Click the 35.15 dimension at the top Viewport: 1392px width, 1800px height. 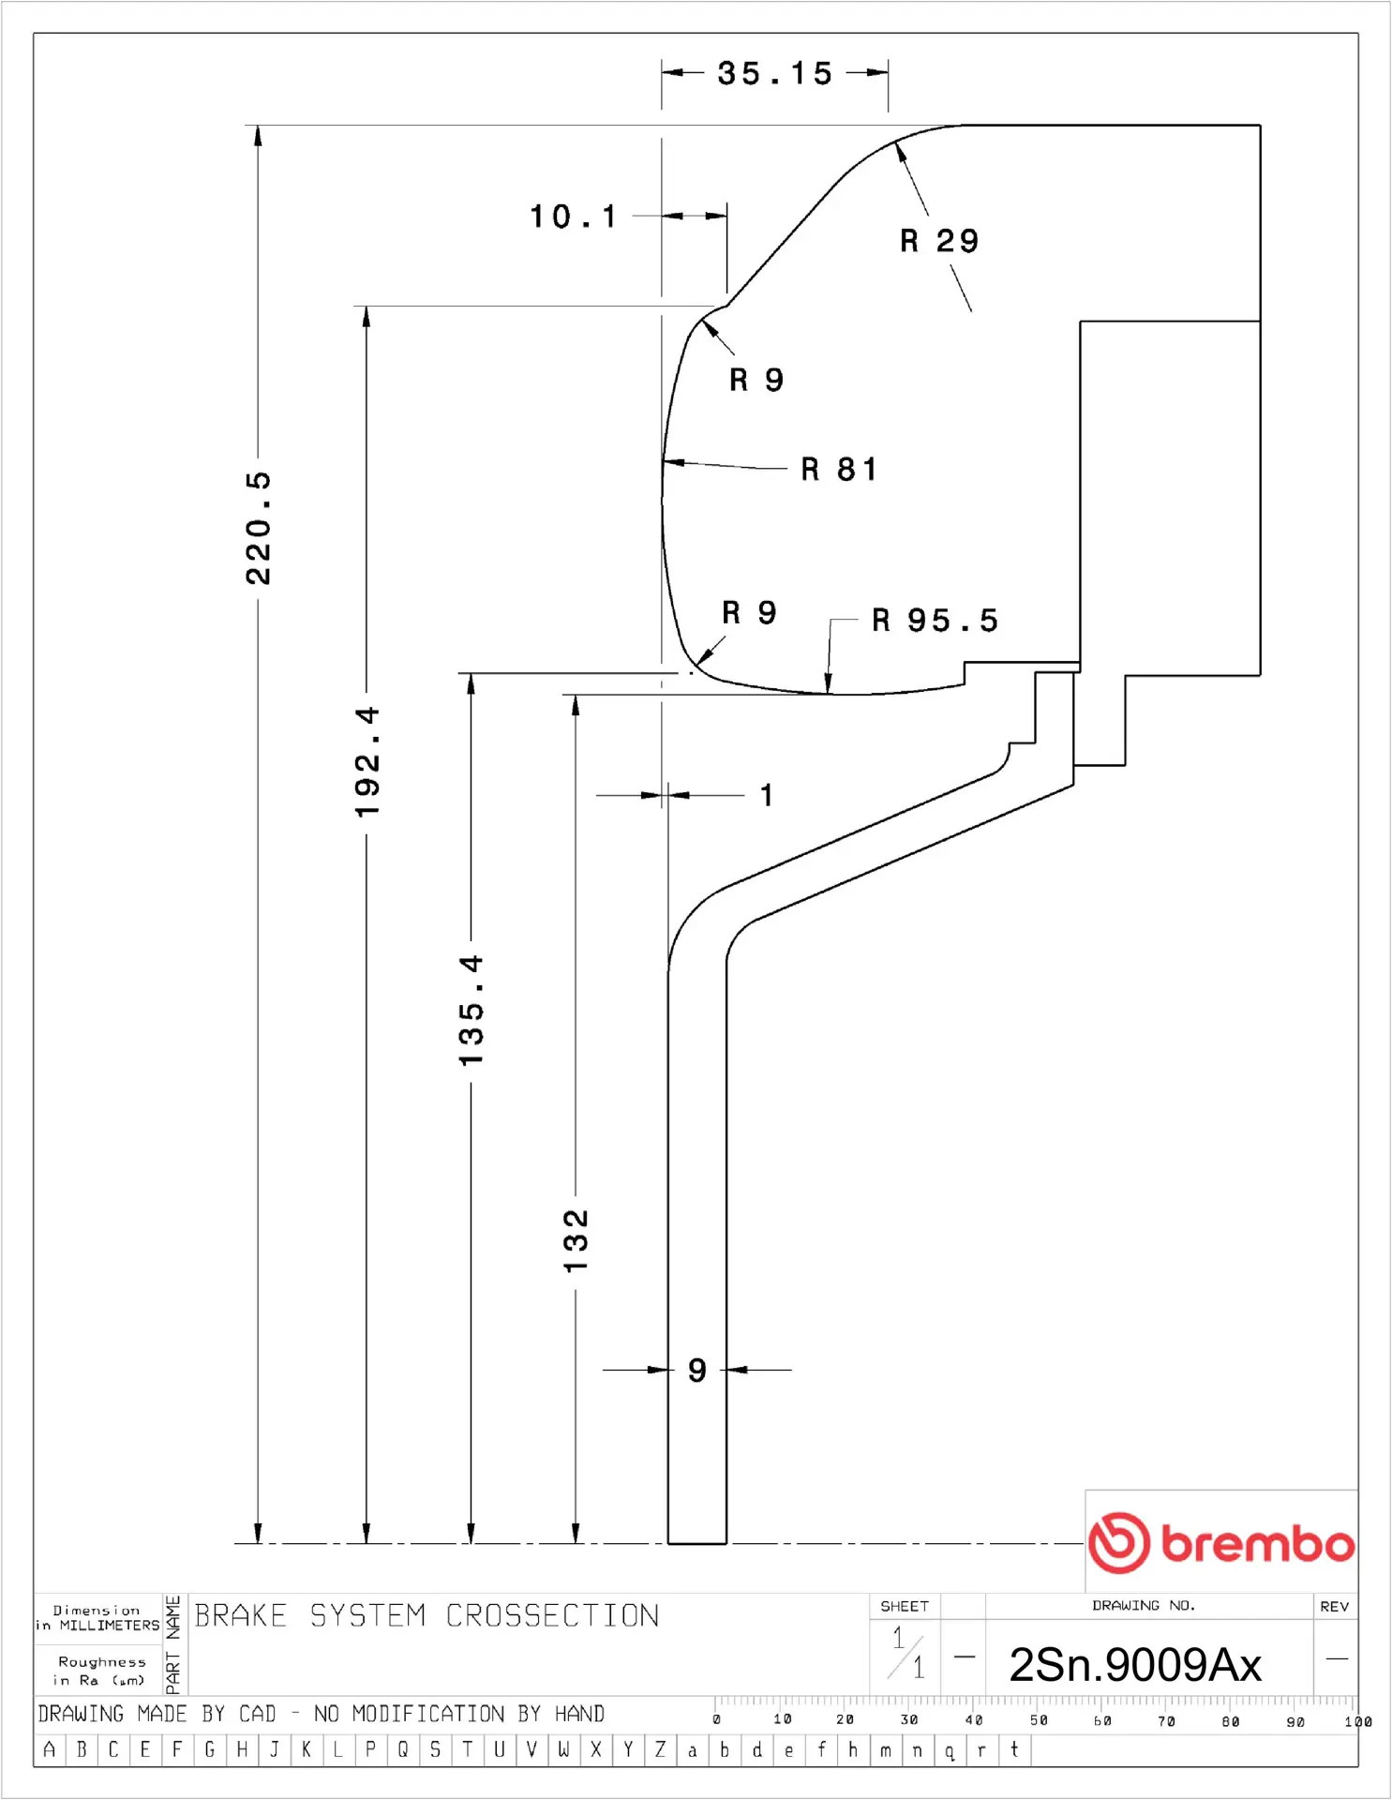(774, 73)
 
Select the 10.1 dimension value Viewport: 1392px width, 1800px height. (573, 217)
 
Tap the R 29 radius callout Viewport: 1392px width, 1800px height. (938, 241)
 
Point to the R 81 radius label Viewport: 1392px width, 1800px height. (839, 469)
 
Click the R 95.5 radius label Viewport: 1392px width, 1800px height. (935, 620)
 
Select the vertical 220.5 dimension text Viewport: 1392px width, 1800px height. (258, 529)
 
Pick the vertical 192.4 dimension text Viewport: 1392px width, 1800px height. (367, 761)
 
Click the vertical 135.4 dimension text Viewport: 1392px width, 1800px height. (471, 1011)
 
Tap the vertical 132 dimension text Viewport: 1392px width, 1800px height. (576, 1240)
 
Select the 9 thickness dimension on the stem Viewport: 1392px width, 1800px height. (696, 1370)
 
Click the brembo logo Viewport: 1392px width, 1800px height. (1221, 1542)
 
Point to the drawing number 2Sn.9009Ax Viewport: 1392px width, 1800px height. (1135, 1665)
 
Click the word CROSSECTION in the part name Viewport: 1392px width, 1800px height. (552, 1615)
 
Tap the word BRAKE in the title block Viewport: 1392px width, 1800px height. (240, 1615)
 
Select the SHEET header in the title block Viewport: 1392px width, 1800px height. (904, 1606)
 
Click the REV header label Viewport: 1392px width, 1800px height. (1334, 1606)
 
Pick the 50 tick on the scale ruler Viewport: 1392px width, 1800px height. (1039, 1720)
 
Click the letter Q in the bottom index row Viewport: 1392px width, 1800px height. (403, 1749)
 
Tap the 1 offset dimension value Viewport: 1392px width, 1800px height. (767, 795)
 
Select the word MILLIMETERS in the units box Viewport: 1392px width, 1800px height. (110, 1626)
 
